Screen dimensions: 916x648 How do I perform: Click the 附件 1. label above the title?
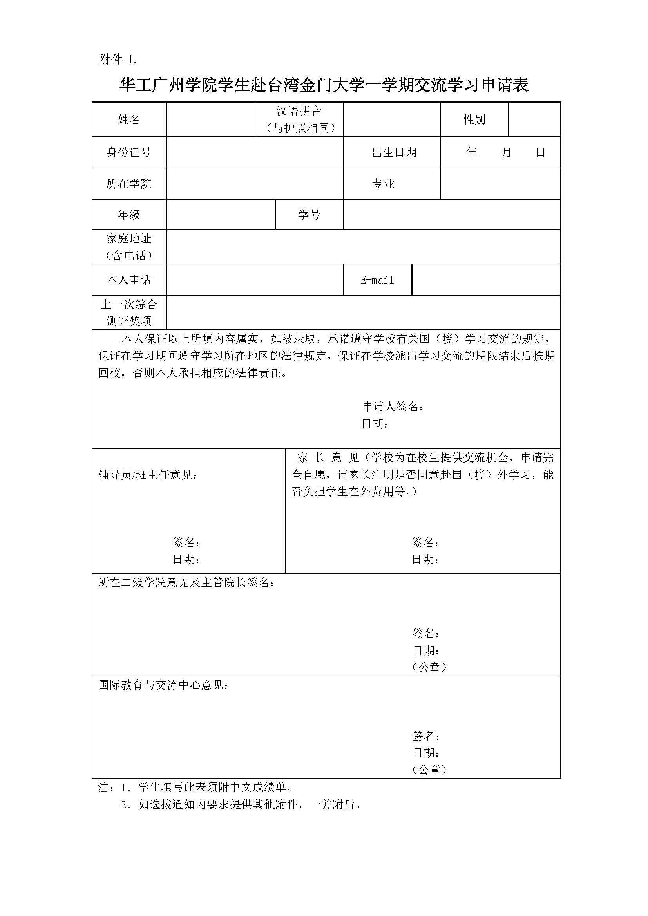pyautogui.click(x=118, y=60)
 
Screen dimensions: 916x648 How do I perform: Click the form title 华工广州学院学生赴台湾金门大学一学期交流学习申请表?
pyautogui.click(x=324, y=85)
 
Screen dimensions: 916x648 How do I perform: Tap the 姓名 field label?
pyautogui.click(x=129, y=119)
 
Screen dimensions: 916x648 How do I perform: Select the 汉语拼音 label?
pyautogui.click(x=299, y=111)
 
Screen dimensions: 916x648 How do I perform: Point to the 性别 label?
pyautogui.click(x=474, y=119)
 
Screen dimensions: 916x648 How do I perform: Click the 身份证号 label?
pyautogui.click(x=129, y=152)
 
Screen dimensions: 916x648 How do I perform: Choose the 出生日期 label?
pyautogui.click(x=394, y=152)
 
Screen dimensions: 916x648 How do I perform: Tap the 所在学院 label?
pyautogui.click(x=129, y=184)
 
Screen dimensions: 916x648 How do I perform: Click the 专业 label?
pyautogui.click(x=383, y=184)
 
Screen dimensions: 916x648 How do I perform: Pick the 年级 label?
pyautogui.click(x=129, y=215)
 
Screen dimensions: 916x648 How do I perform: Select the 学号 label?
pyautogui.click(x=309, y=215)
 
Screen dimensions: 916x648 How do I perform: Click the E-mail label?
pyautogui.click(x=377, y=280)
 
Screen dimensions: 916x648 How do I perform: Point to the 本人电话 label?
pyautogui.click(x=129, y=280)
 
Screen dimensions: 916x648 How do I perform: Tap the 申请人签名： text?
pyautogui.click(x=393, y=407)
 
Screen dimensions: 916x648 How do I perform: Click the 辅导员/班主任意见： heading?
pyautogui.click(x=148, y=475)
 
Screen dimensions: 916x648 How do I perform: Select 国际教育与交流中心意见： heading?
pyautogui.click(x=164, y=685)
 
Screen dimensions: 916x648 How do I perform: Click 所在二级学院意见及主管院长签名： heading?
pyautogui.click(x=186, y=582)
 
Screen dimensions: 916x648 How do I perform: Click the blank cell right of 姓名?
pyautogui.click(x=210, y=119)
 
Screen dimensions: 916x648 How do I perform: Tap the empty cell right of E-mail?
pyautogui.click(x=485, y=280)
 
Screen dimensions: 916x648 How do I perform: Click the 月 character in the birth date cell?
pyautogui.click(x=506, y=152)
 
